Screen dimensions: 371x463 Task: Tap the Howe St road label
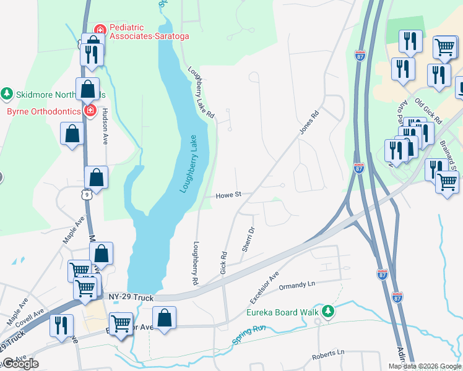point(228,195)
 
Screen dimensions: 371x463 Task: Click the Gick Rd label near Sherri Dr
point(223,263)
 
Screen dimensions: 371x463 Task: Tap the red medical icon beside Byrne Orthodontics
point(90,111)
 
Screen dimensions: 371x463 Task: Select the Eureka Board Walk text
point(286,312)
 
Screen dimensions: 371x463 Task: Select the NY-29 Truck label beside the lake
point(131,298)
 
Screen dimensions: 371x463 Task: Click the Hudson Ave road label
point(105,127)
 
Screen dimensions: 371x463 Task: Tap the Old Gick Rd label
point(428,110)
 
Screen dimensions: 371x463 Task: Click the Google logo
point(20,364)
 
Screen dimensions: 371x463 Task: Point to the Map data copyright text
point(425,366)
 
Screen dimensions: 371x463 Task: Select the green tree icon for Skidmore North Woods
point(7,94)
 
